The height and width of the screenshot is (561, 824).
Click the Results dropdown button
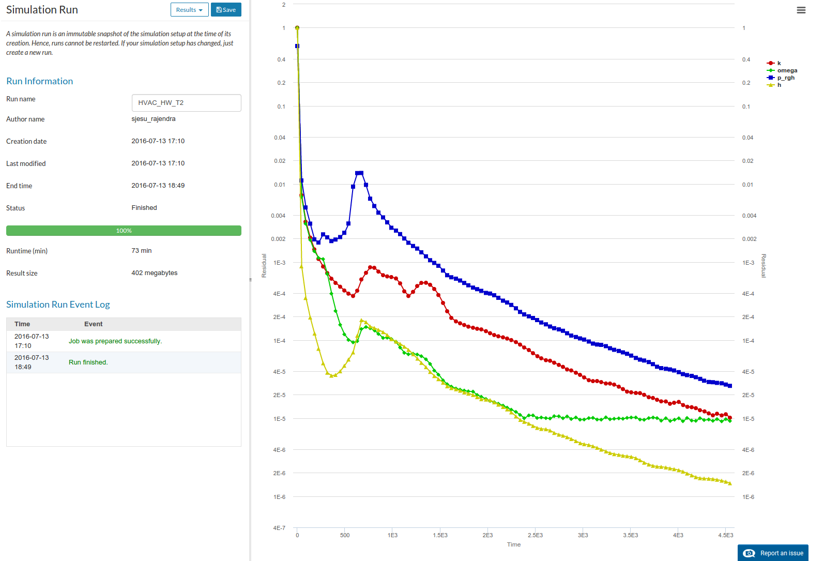point(189,10)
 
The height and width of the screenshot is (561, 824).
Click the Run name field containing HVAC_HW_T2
point(186,103)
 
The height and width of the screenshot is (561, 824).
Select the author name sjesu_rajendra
point(154,119)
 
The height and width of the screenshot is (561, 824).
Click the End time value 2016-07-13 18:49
point(158,186)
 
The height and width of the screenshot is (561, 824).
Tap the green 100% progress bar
point(124,231)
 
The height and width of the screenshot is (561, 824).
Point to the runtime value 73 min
point(142,251)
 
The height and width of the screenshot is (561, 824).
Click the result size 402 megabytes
point(154,273)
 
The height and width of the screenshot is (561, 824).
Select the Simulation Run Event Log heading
point(58,305)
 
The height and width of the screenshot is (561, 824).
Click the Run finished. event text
point(88,362)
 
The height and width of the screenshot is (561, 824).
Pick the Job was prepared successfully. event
point(115,341)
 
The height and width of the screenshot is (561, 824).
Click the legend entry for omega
point(787,70)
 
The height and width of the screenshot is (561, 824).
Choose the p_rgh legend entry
point(785,78)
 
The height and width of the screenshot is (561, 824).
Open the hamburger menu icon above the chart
point(801,10)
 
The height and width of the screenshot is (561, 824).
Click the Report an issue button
point(773,553)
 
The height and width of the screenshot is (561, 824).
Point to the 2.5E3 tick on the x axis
point(535,535)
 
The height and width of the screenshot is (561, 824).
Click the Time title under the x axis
point(514,544)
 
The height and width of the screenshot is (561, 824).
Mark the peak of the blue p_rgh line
point(359,173)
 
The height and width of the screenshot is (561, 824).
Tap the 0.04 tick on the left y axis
point(280,138)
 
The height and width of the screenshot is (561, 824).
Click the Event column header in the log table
point(93,324)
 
